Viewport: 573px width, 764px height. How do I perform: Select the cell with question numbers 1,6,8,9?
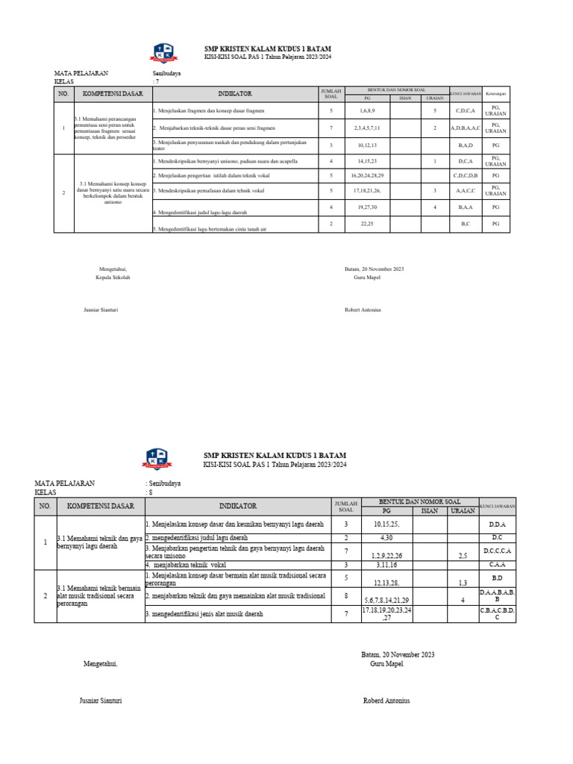[x=366, y=110]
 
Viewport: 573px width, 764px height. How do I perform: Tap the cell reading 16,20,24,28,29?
[x=366, y=175]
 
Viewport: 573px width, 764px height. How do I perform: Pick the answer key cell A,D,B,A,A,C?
[x=466, y=128]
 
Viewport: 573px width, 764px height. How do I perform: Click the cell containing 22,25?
[x=366, y=224]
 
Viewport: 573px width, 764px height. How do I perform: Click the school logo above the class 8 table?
[x=157, y=459]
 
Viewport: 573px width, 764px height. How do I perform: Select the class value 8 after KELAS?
[x=150, y=492]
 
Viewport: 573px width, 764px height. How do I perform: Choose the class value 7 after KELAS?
[x=157, y=81]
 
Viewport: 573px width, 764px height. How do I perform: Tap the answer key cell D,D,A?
[x=497, y=525]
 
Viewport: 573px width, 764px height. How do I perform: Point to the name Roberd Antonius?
[x=386, y=701]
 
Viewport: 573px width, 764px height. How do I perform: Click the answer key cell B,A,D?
[x=466, y=145]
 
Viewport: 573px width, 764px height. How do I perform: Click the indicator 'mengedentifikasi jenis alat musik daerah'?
[x=207, y=614]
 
